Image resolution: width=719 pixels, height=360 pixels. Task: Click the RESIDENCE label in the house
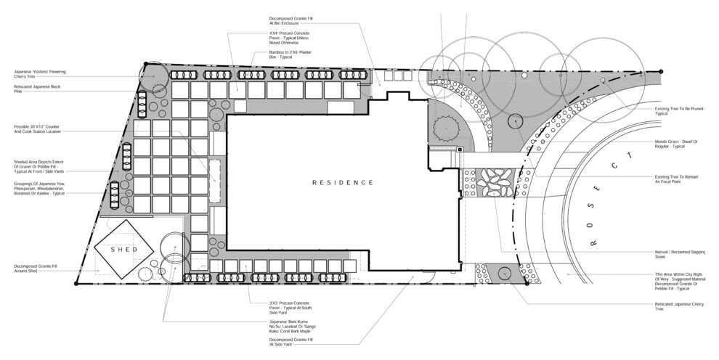coord(342,183)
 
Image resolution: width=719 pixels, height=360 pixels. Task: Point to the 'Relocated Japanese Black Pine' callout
coord(36,89)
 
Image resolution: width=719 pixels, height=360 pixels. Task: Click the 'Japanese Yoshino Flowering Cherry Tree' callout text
coord(41,73)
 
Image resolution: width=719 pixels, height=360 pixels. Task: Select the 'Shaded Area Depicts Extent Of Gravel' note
coord(38,165)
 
